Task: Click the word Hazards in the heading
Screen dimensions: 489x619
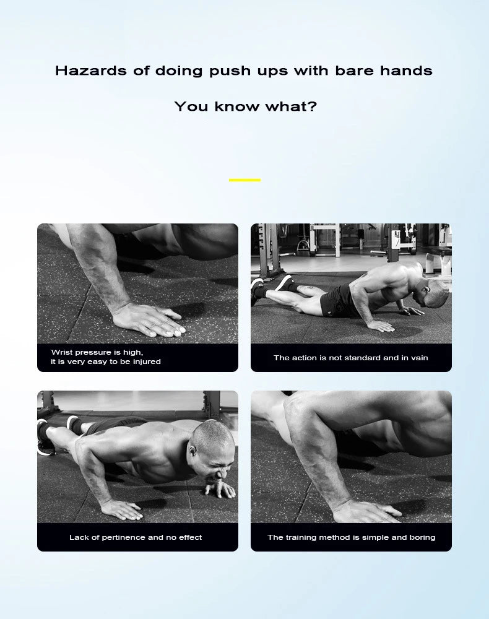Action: pos(92,71)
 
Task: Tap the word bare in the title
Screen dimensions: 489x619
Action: pos(355,71)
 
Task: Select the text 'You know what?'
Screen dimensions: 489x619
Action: pos(246,106)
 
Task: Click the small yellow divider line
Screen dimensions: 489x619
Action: pos(244,180)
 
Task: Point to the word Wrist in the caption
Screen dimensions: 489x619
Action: pos(61,352)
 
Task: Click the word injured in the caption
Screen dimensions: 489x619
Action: pos(147,361)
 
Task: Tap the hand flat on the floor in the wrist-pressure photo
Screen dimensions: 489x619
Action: pos(150,320)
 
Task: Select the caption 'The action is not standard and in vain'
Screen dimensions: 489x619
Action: pos(351,358)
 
